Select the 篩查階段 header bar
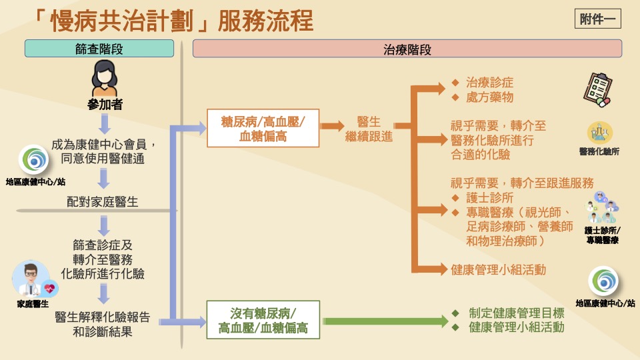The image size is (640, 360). pyautogui.click(x=99, y=49)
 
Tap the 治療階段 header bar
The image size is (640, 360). pyautogui.click(x=407, y=49)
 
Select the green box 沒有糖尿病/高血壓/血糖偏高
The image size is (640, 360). pyautogui.click(x=263, y=320)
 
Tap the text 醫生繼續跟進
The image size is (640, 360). pyautogui.click(x=369, y=129)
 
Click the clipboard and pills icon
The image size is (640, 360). pyautogui.click(x=597, y=91)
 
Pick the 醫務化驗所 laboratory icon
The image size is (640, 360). pyautogui.click(x=599, y=132)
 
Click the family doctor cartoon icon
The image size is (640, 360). pyautogui.click(x=33, y=280)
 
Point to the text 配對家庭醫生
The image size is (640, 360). pyautogui.click(x=103, y=202)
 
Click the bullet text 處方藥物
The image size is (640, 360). pyautogui.click(x=489, y=97)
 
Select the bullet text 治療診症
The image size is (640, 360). pyautogui.click(x=489, y=83)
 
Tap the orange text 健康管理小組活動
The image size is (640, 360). pyautogui.click(x=498, y=269)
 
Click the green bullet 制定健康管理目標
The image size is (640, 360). pyautogui.click(x=516, y=313)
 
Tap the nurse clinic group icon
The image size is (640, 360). pyautogui.click(x=601, y=209)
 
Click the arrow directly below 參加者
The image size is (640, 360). pyautogui.click(x=104, y=124)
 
